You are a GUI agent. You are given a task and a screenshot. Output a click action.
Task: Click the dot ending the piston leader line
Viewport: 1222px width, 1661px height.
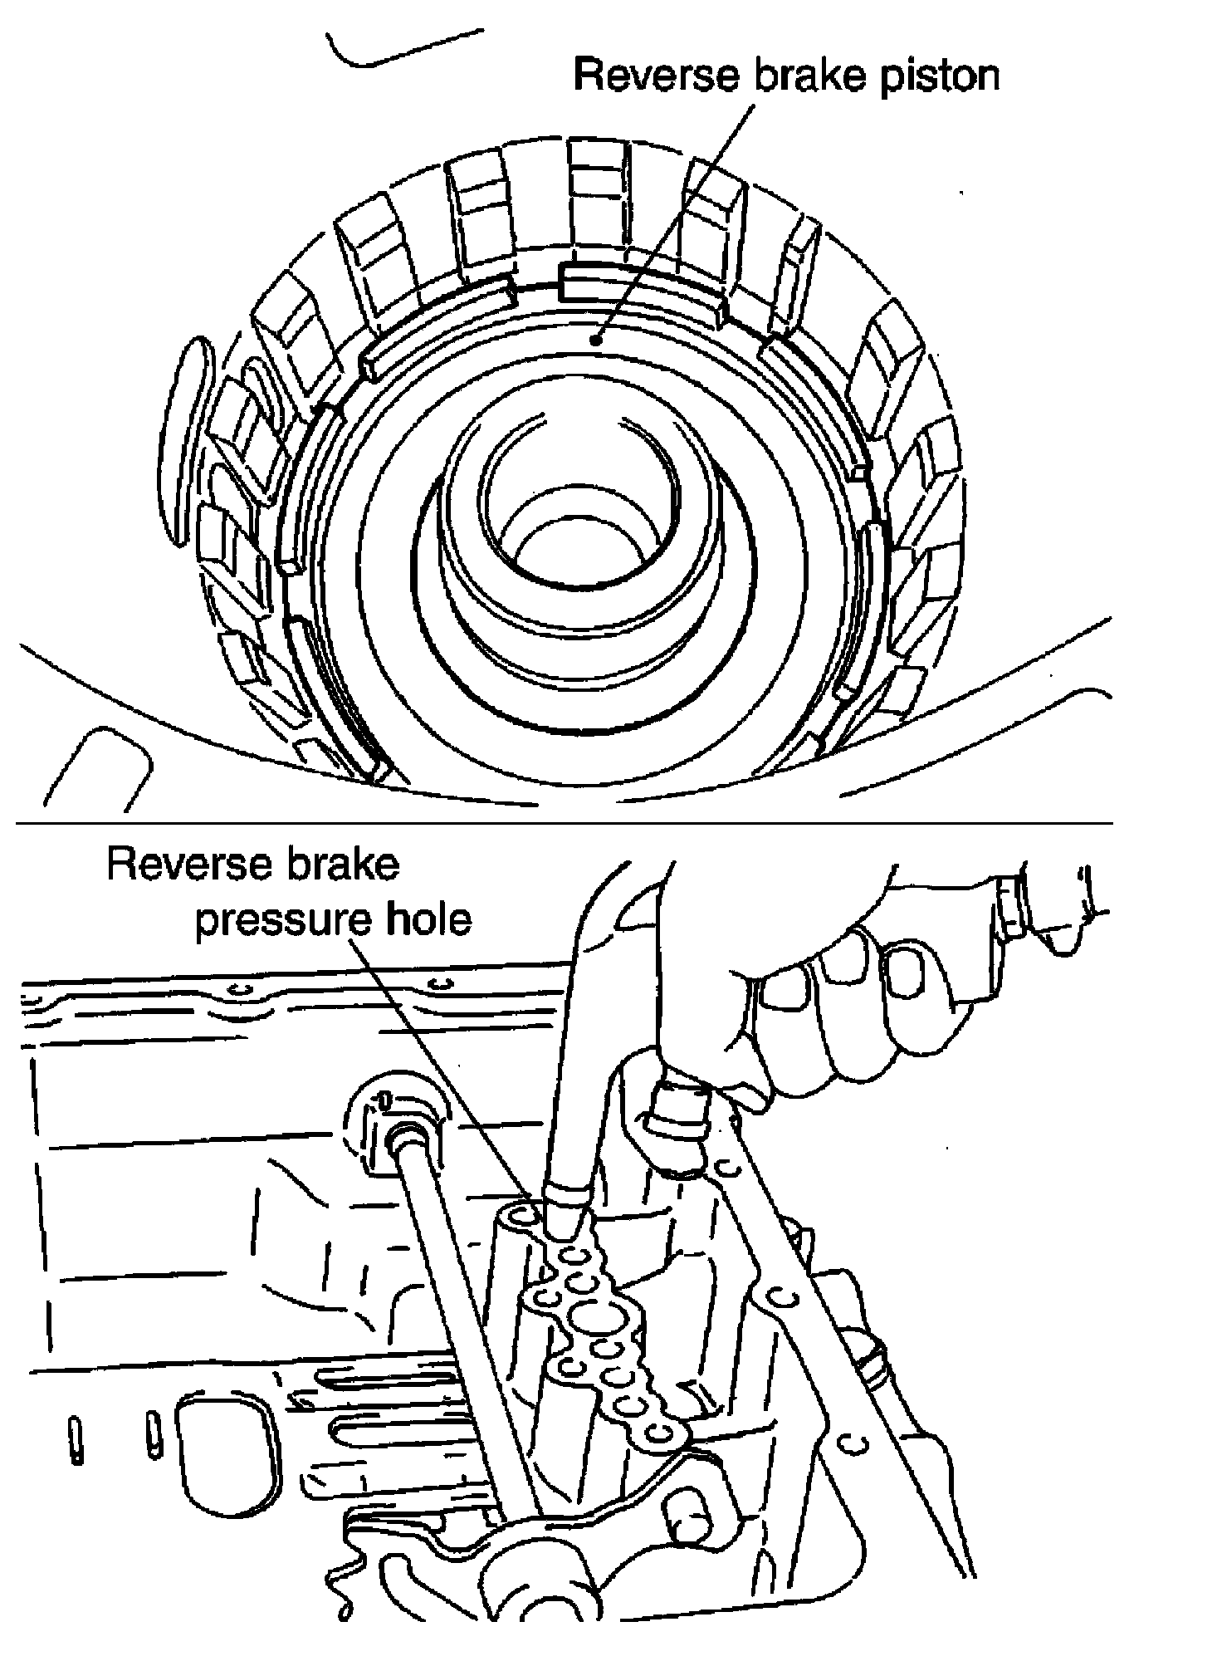point(594,340)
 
